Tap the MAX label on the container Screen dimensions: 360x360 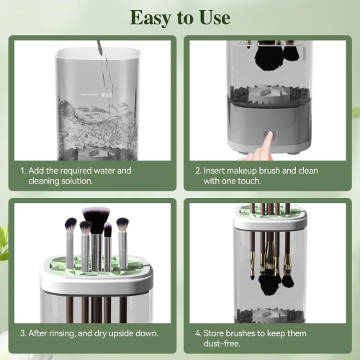(x=108, y=94)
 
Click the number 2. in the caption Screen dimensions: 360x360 (x=199, y=171)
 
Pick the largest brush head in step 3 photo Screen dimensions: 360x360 (x=95, y=215)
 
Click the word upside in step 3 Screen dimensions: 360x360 (x=122, y=333)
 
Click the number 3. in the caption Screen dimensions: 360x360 (x=24, y=333)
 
